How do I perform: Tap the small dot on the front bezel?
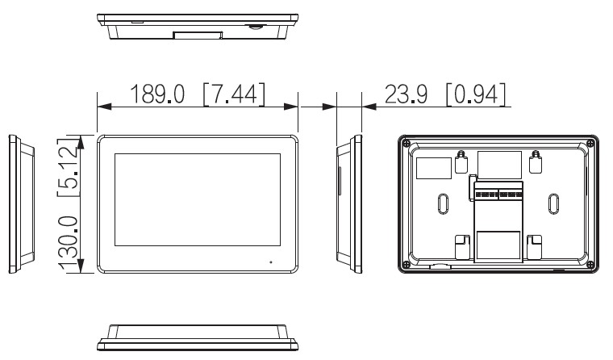click(270, 262)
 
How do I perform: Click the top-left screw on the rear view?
click(406, 144)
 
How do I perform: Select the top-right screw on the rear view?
click(590, 144)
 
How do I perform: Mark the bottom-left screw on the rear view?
click(406, 265)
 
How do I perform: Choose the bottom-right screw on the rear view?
click(590, 265)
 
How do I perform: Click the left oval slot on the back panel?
click(443, 203)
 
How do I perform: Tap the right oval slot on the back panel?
click(553, 203)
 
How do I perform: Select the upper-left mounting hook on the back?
click(461, 162)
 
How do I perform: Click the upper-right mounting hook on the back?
click(535, 162)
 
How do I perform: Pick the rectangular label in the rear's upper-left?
click(433, 166)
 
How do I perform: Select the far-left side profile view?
click(20, 205)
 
